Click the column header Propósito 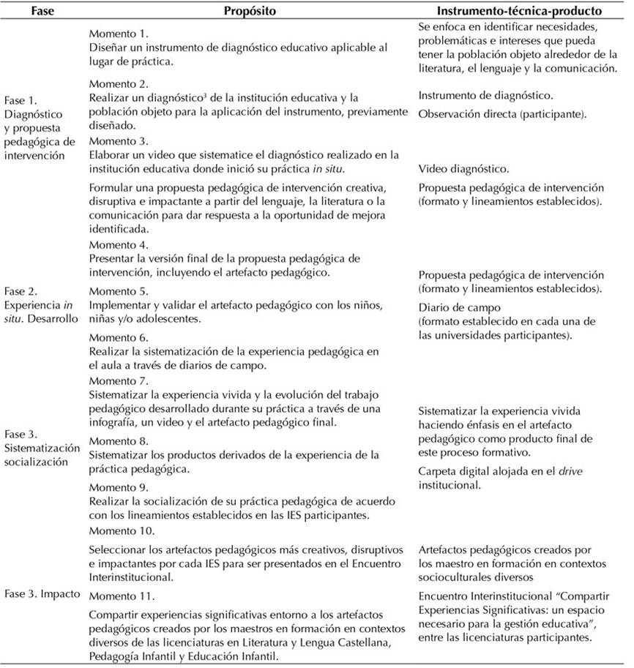tap(250, 12)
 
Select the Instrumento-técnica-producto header tap(519, 12)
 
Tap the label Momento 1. tap(118, 34)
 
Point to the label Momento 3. tap(118, 140)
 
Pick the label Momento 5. tap(118, 291)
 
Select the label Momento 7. tap(118, 381)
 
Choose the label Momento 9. tap(118, 487)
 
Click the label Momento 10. tap(121, 530)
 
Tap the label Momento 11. tap(121, 594)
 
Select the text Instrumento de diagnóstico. tap(485, 96)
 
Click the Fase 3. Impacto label tap(42, 593)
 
